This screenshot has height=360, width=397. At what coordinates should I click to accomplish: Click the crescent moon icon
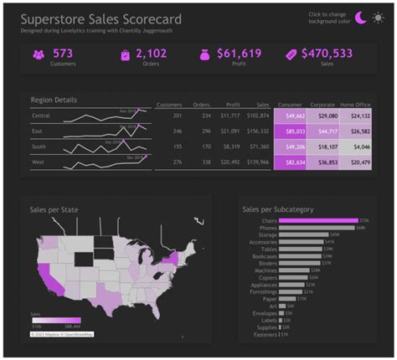(x=361, y=18)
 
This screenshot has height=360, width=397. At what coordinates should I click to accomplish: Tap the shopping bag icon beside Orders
(x=125, y=55)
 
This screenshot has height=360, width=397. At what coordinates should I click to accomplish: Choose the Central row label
(x=41, y=116)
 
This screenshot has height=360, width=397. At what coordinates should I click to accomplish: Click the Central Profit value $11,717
(x=229, y=116)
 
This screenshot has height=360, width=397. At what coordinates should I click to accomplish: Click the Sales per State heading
(x=55, y=209)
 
